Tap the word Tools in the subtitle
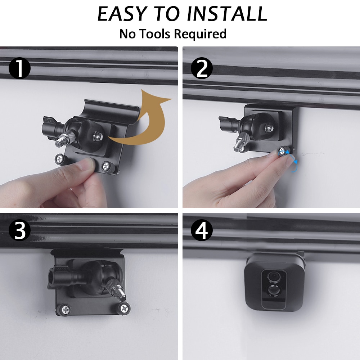point(155,34)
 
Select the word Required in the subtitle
point(201,34)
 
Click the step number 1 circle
point(19,68)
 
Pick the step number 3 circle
point(19,231)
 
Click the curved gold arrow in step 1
point(144,119)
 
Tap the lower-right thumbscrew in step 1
point(106,166)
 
